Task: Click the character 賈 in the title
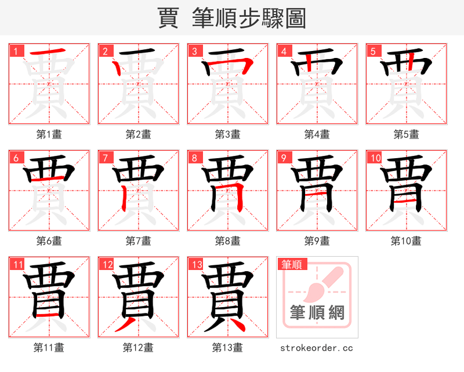(168, 18)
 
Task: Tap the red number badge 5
(373, 50)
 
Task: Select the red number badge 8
(194, 157)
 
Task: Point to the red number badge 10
(375, 157)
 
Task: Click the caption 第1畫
(49, 134)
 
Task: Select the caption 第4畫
(317, 134)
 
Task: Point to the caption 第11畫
(49, 348)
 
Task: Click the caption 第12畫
(139, 348)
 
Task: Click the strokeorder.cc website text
(317, 348)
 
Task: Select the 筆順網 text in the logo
(317, 313)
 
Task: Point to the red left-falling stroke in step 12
(125, 325)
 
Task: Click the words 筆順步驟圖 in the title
(248, 18)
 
